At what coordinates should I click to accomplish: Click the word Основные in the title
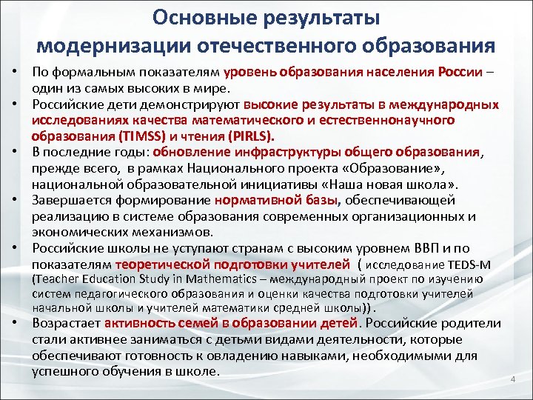(x=184, y=16)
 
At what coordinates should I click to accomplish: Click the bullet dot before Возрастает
(x=15, y=323)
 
